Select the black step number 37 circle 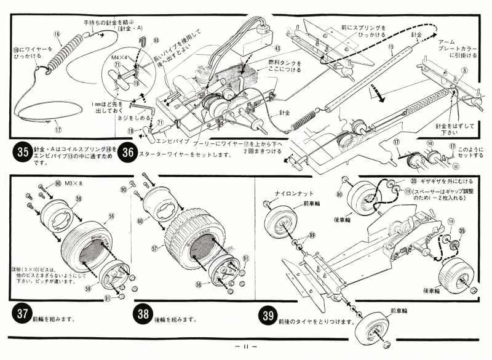click(22, 314)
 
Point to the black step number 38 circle click(143, 314)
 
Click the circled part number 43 click(277, 47)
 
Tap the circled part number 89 click(312, 236)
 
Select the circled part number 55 click(112, 217)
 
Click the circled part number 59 click(78, 199)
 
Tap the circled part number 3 click(465, 72)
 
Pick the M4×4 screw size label click(120, 57)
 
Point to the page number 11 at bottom click(246, 346)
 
